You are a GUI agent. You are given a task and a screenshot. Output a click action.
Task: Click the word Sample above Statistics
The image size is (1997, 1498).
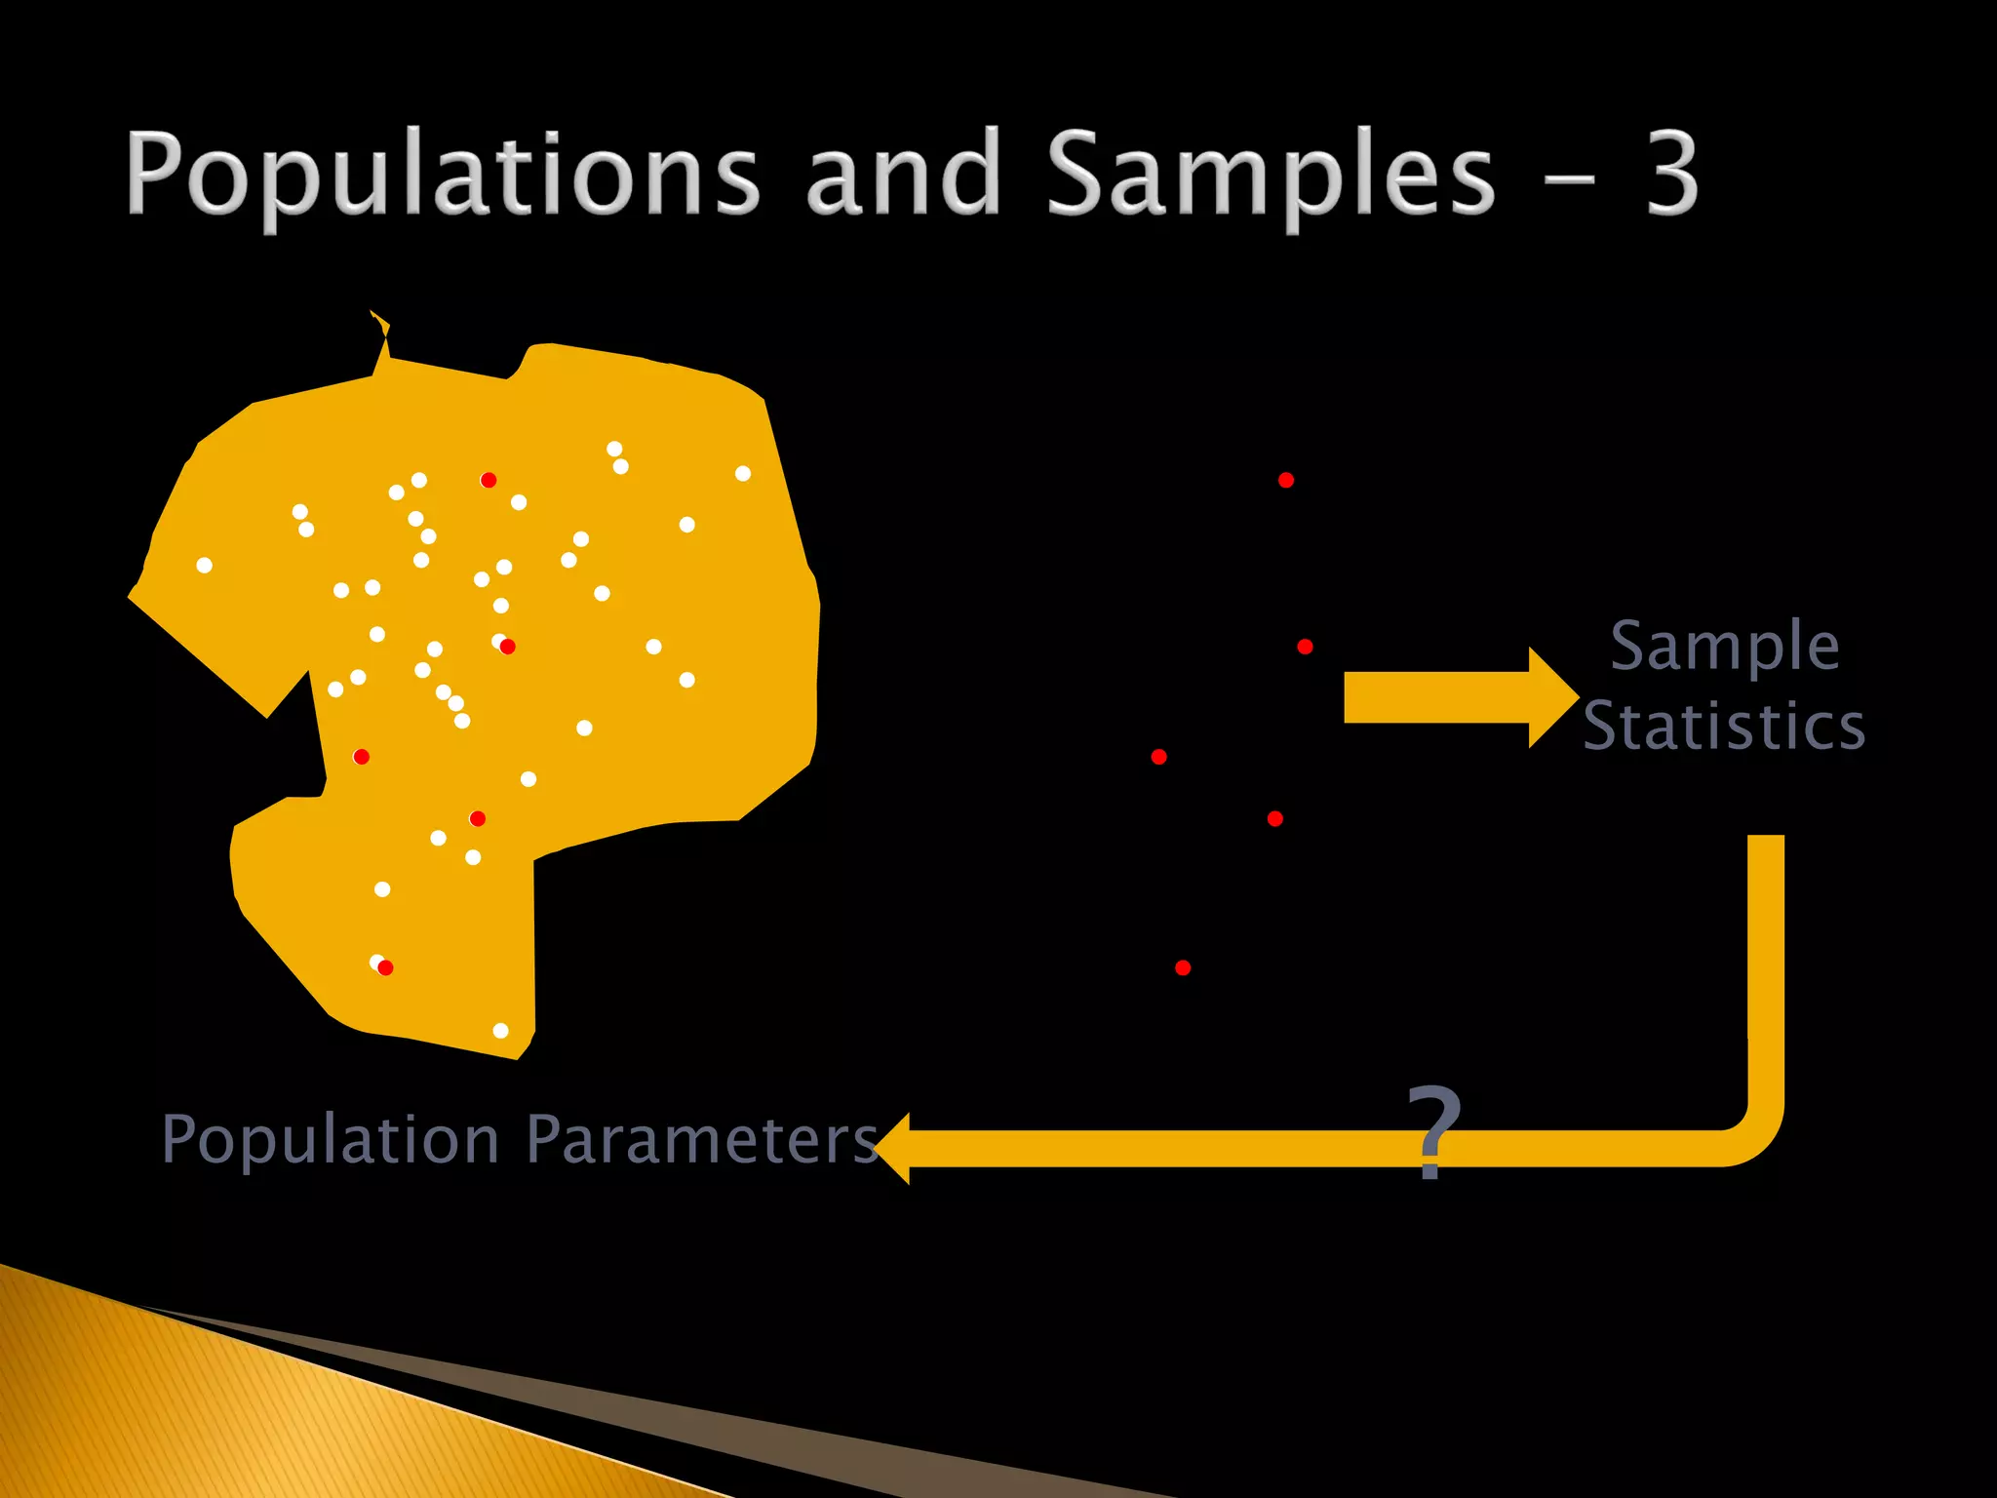pyautogui.click(x=1724, y=648)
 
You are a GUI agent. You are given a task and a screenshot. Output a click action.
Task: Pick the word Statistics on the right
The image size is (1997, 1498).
pyautogui.click(x=1724, y=727)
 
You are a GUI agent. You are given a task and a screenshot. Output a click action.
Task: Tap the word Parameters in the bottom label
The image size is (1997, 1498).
pyautogui.click(x=702, y=1140)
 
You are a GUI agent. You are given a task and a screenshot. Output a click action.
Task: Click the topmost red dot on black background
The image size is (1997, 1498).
pyautogui.click(x=1286, y=480)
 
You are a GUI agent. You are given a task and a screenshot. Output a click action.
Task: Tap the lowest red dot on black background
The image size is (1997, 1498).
pyautogui.click(x=1183, y=967)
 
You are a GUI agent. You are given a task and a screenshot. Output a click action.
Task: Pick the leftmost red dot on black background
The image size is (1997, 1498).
pyautogui.click(x=1158, y=757)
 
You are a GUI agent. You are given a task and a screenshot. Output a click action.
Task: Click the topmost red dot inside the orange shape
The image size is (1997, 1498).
pyautogui.click(x=489, y=480)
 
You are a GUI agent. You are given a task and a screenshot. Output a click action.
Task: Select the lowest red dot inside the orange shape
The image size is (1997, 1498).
pyautogui.click(x=386, y=967)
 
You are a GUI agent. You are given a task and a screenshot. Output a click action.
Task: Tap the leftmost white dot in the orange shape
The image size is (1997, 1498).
pyautogui.click(x=204, y=565)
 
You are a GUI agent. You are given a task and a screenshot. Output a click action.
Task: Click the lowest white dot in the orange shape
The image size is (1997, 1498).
pyautogui.click(x=500, y=1031)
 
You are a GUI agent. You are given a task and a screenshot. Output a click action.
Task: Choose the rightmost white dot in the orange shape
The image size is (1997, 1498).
pyautogui.click(x=743, y=474)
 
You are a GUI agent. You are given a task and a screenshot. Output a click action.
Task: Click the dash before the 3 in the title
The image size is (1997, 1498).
pyautogui.click(x=1571, y=178)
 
